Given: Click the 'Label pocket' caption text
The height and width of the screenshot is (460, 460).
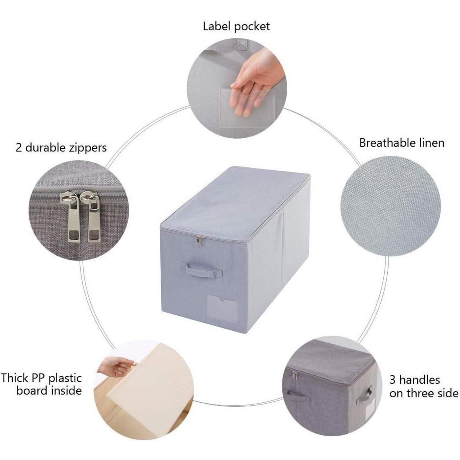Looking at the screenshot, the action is point(236,26).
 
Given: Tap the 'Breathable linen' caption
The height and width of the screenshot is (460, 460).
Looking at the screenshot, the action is point(402,143).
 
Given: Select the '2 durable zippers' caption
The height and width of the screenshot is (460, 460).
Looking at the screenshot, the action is point(61,148).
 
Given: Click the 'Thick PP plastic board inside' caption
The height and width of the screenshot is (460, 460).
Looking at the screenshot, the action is point(41,384).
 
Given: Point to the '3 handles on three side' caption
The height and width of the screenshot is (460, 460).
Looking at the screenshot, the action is point(424,386).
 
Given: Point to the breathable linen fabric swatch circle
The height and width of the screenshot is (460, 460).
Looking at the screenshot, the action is point(390,206).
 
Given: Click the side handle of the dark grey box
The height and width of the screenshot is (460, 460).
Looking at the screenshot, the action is point(365,396).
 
